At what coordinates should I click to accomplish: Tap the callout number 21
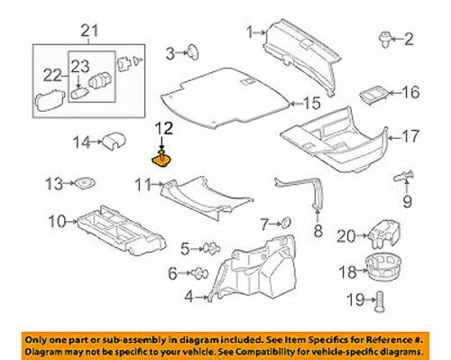[x=87, y=33]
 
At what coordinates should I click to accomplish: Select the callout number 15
[x=313, y=102]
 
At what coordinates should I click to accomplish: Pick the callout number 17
[x=410, y=137]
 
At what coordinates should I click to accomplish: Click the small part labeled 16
[x=372, y=93]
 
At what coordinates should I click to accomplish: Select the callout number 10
[x=56, y=220]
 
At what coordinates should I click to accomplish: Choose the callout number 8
[x=318, y=231]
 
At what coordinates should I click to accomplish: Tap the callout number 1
[x=249, y=33]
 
